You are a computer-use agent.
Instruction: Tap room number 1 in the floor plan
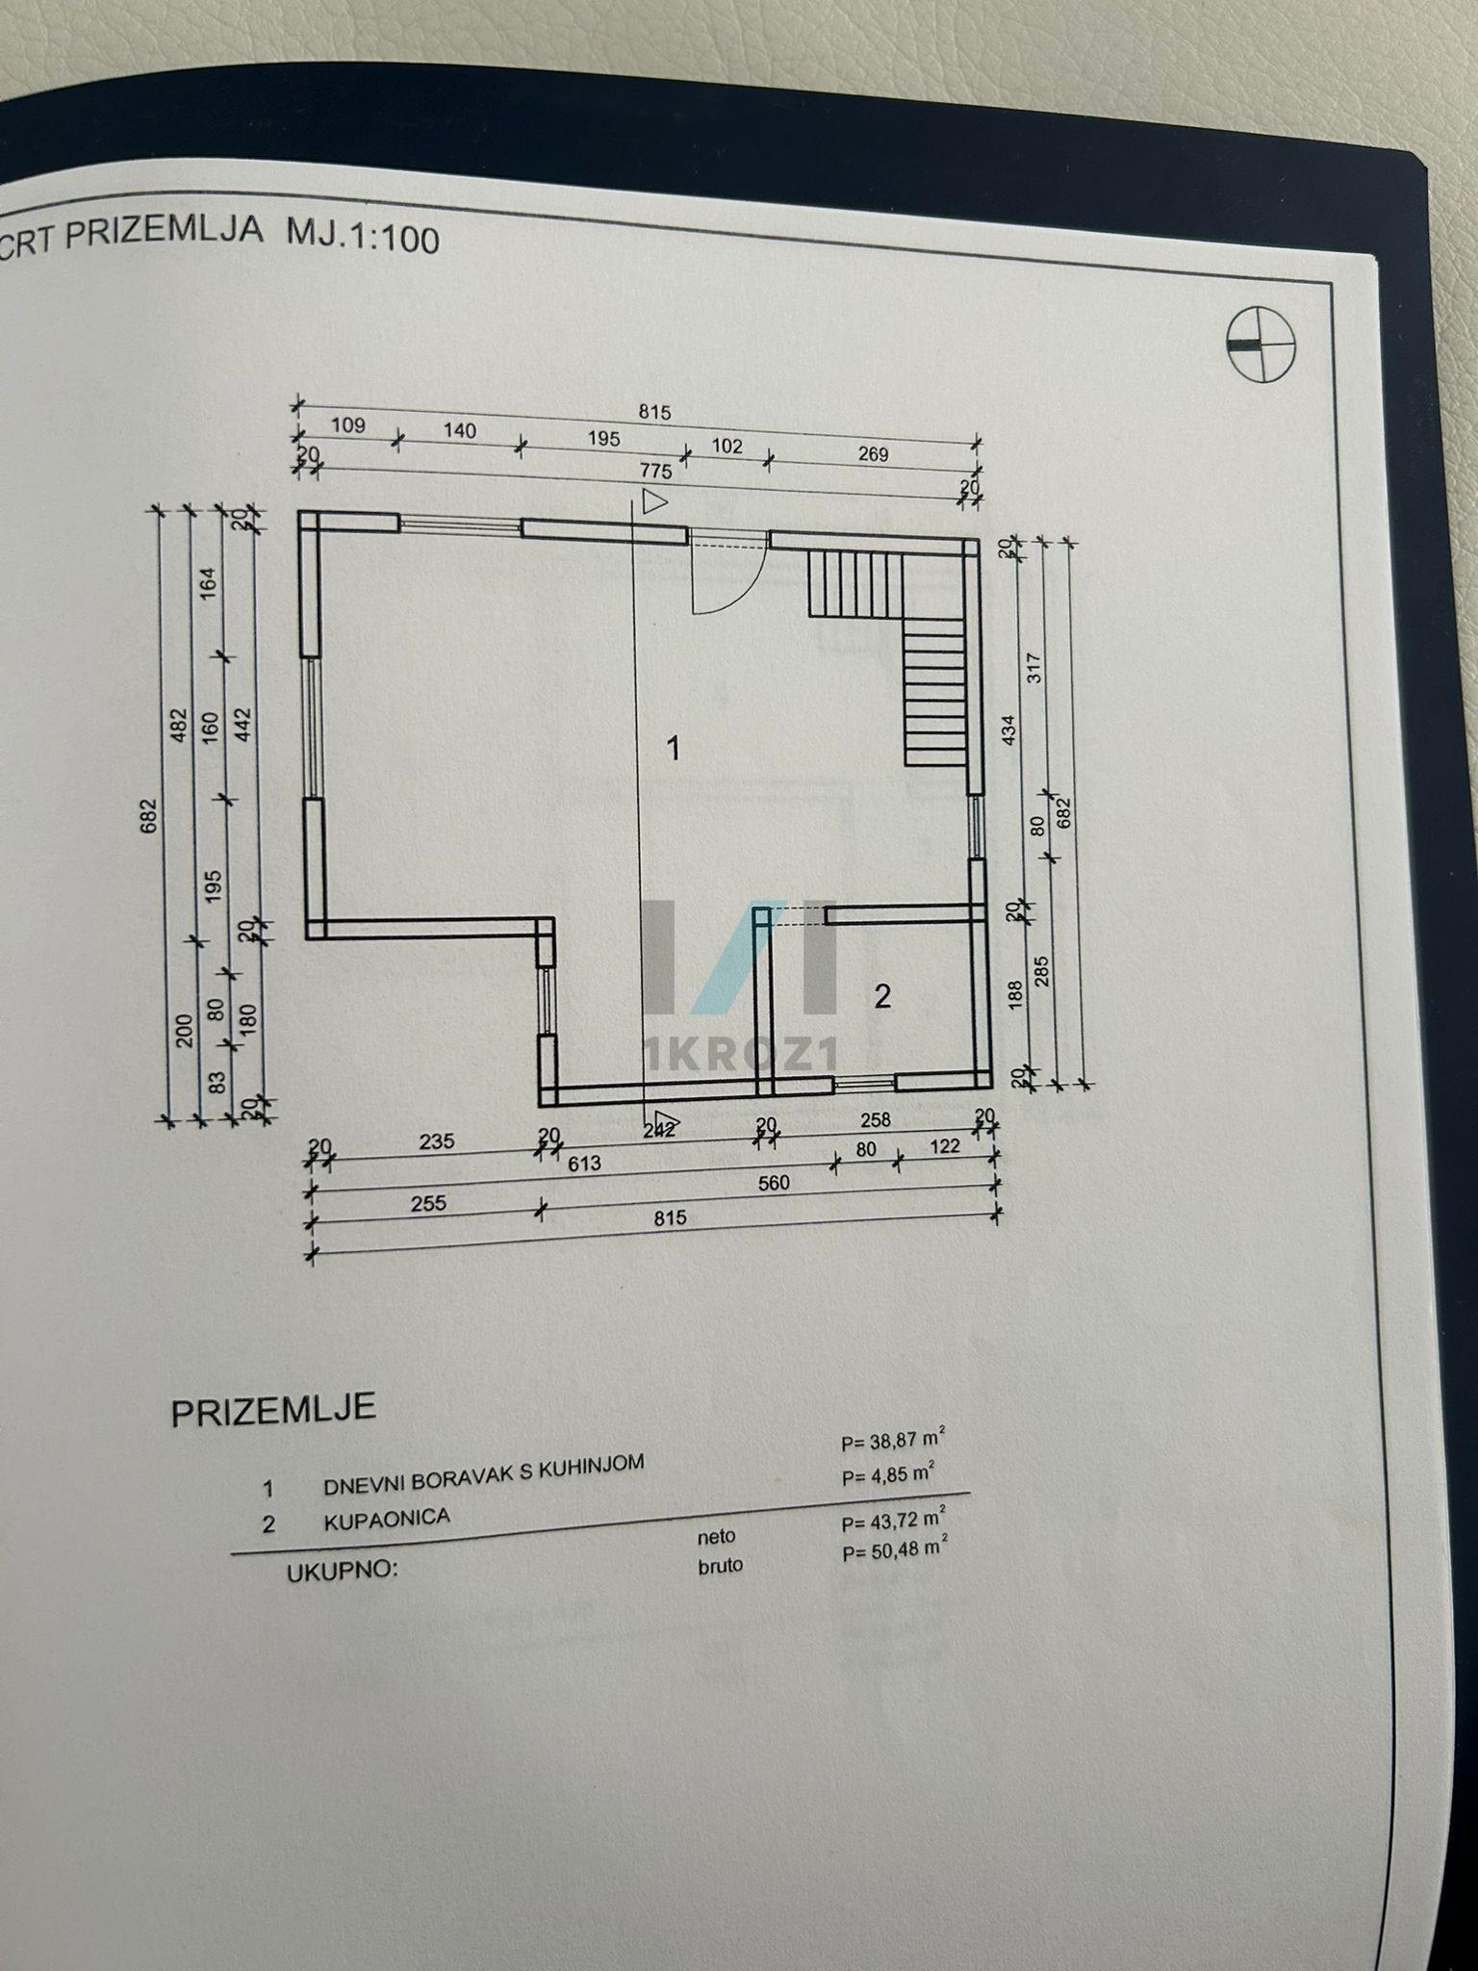click(x=674, y=747)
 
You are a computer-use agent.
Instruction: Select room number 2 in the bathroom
click(x=882, y=997)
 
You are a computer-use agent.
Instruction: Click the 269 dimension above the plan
click(x=873, y=454)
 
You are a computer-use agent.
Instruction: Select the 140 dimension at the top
click(x=459, y=430)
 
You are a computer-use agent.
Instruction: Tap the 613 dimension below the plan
click(x=584, y=1164)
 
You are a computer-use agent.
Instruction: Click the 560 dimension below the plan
click(x=774, y=1183)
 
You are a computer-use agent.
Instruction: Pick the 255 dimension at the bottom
click(x=428, y=1203)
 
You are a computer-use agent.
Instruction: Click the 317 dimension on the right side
click(x=1035, y=667)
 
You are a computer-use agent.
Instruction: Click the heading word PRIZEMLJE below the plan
click(x=273, y=1410)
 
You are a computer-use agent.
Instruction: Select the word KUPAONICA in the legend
click(x=387, y=1520)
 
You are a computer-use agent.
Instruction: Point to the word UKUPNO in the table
click(x=343, y=1571)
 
